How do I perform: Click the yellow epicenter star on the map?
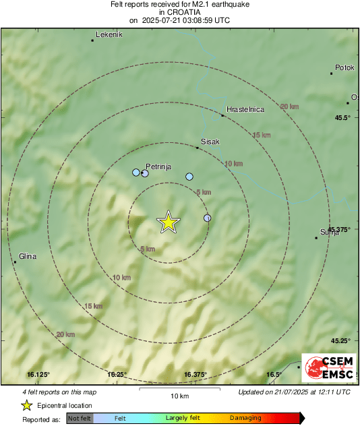tap(168, 222)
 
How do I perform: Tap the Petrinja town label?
tap(158, 164)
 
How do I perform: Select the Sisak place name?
tap(210, 142)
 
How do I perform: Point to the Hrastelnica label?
tap(245, 109)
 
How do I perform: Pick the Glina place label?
tap(28, 256)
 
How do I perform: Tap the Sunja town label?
tap(330, 232)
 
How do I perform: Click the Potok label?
tap(344, 68)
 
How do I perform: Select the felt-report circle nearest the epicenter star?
tap(208, 218)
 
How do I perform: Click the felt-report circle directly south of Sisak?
tap(189, 177)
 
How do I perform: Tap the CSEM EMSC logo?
tap(325, 370)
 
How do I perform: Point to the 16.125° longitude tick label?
tap(38, 374)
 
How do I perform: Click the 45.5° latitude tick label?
tap(343, 118)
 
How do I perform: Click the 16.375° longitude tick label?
tap(195, 374)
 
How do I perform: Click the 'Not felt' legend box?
tap(79, 419)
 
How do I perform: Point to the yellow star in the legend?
tap(26, 405)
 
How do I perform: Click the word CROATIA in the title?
tap(179, 12)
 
